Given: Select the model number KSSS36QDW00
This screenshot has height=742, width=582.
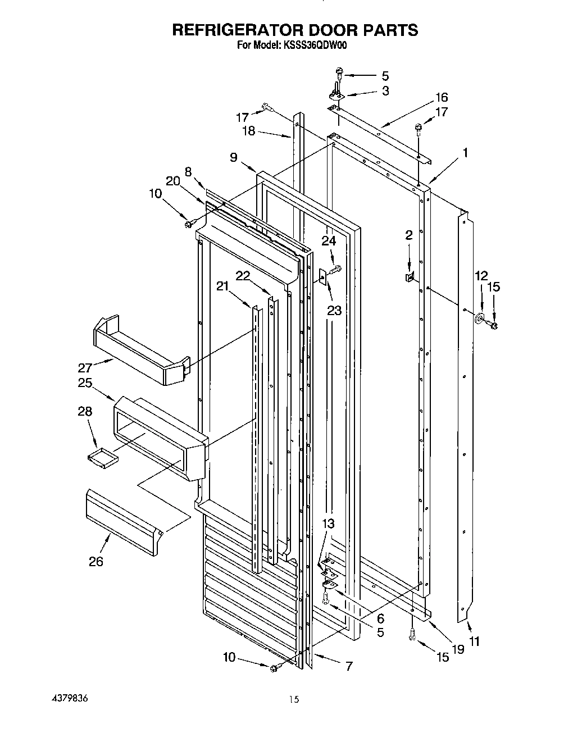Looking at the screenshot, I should click(x=315, y=45).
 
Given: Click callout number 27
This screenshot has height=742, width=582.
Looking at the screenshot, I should click(x=85, y=368).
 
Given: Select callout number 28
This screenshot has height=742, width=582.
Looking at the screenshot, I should click(x=85, y=411).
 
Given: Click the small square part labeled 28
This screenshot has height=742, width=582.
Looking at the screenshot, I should click(x=103, y=458).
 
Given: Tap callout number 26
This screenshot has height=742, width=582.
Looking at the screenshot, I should click(x=96, y=561).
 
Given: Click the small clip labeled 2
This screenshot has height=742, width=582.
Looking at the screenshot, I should click(x=410, y=276).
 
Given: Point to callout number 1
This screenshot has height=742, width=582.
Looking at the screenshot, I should click(x=465, y=152).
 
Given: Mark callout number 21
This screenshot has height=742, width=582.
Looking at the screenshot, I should click(x=223, y=286).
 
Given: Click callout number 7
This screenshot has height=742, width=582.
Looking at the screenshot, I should click(x=349, y=666).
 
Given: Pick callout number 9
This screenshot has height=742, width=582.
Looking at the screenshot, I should click(x=233, y=158).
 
